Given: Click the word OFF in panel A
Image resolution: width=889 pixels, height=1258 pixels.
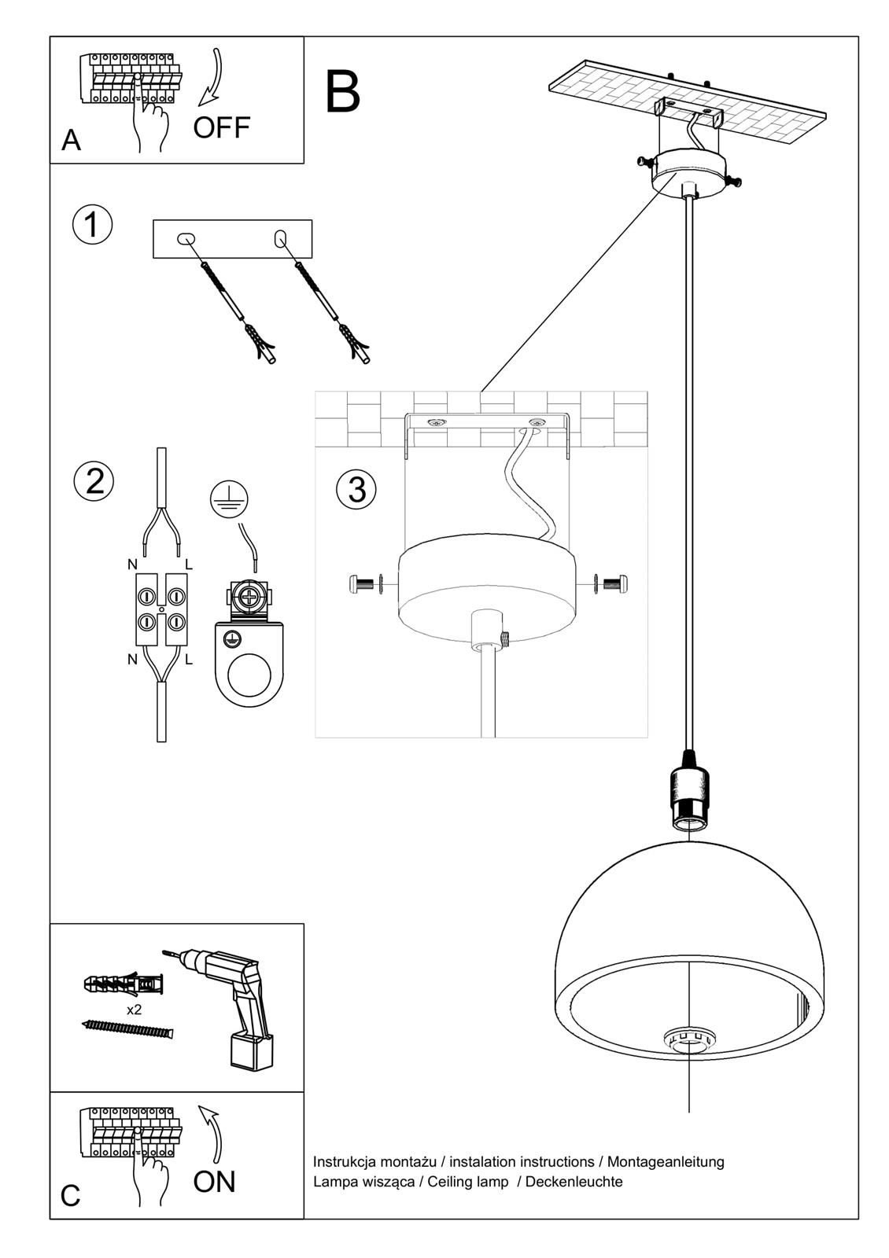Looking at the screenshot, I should click(x=221, y=127).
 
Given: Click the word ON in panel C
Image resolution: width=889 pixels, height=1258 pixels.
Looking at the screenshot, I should click(x=214, y=1182).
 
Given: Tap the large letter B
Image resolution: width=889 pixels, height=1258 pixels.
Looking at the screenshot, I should click(x=342, y=93).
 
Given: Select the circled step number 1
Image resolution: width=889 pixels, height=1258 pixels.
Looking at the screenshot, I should click(x=92, y=225).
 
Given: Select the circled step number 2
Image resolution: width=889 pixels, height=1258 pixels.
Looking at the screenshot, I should click(x=94, y=480).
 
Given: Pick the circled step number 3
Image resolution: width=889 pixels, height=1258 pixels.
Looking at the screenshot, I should click(x=356, y=489).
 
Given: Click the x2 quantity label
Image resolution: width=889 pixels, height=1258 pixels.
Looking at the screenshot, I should click(x=134, y=1010).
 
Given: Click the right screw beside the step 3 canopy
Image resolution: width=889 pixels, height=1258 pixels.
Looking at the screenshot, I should click(x=614, y=583).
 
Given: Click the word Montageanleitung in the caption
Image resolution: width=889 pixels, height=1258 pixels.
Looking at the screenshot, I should click(x=666, y=1161).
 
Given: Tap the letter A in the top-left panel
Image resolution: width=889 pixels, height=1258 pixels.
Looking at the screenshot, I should click(x=71, y=140).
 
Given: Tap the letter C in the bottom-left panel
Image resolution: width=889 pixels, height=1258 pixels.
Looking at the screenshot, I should click(x=70, y=1196).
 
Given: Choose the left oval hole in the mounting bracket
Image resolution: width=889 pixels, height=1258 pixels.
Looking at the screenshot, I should click(x=186, y=238).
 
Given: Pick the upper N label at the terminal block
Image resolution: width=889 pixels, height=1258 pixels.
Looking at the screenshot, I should click(x=132, y=565).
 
